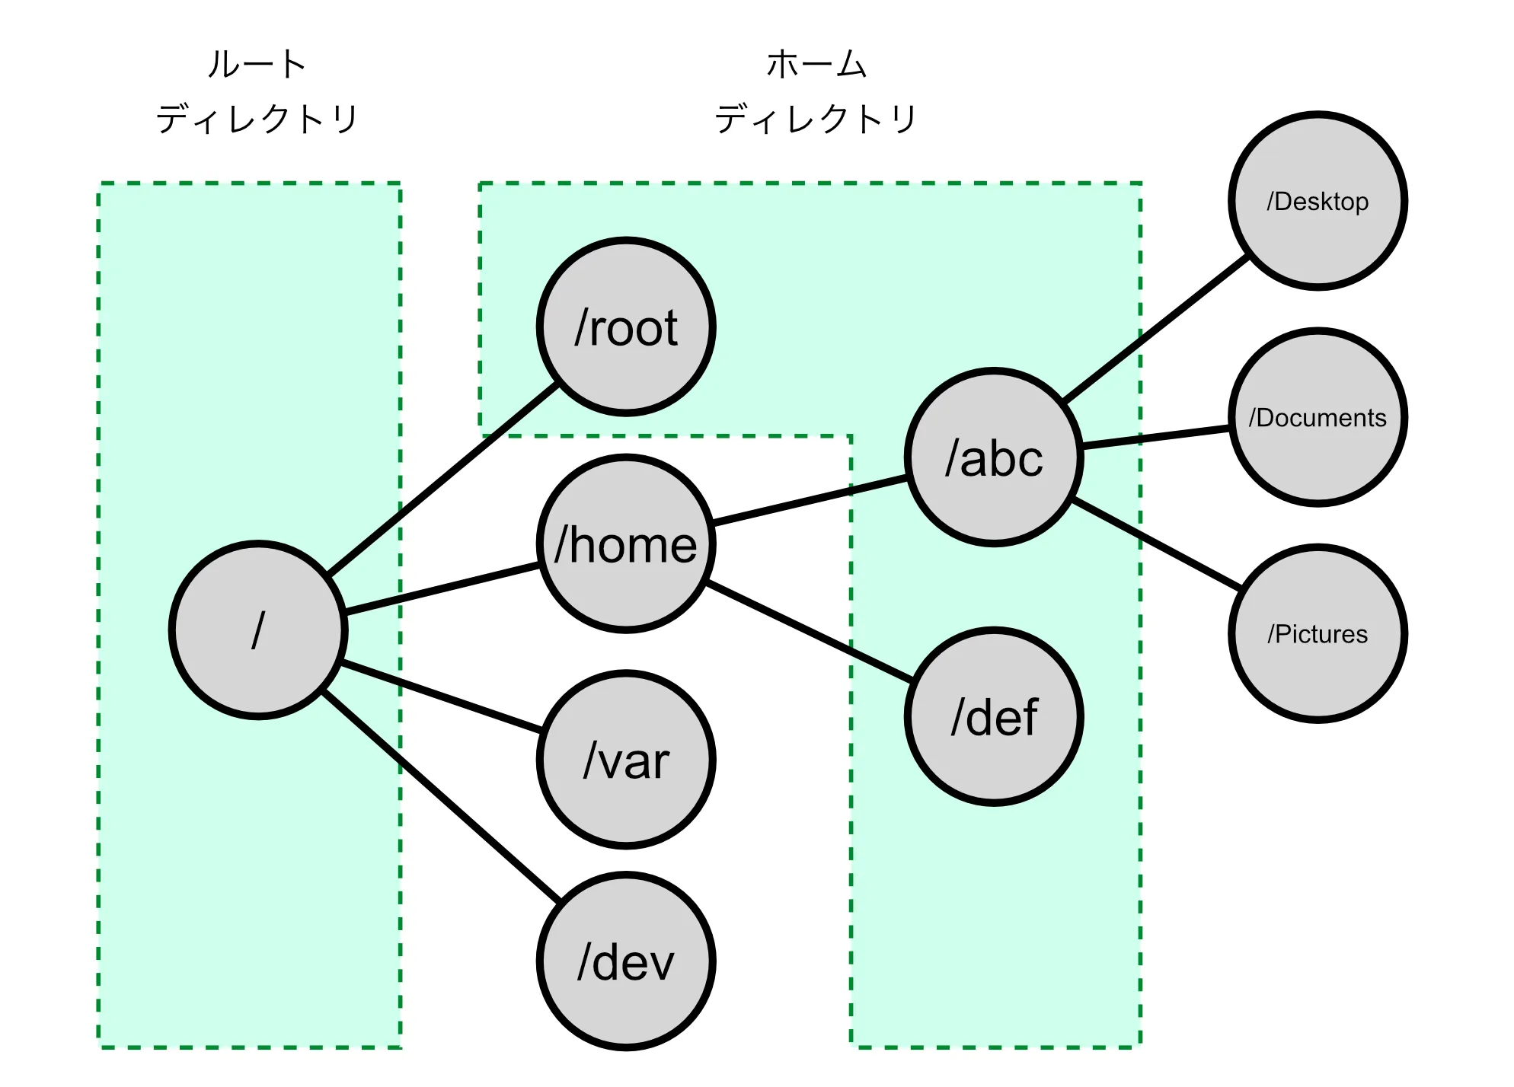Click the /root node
pyautogui.click(x=626, y=327)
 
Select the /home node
pyautogui.click(x=626, y=543)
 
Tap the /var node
pyautogui.click(x=626, y=760)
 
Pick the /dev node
pyautogui.click(x=626, y=961)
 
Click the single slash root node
pyautogui.click(x=258, y=630)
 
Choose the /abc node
pyautogui.click(x=994, y=457)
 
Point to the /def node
pyautogui.click(x=994, y=716)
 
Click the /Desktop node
pyautogui.click(x=1318, y=201)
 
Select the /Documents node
pyautogui.click(x=1318, y=417)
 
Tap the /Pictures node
pyautogui.click(x=1318, y=633)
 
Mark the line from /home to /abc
pyautogui.click(x=809, y=500)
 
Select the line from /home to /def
pyautogui.click(x=809, y=631)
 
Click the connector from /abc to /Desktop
pyautogui.click(x=1155, y=329)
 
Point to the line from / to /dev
pyautogui.click(x=442, y=796)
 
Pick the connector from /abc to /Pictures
pyautogui.click(x=1156, y=544)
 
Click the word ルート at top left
pyautogui.click(x=257, y=64)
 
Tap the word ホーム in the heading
pyautogui.click(x=816, y=64)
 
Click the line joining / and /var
pyautogui.click(x=442, y=698)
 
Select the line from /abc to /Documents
pyautogui.click(x=1155, y=438)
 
